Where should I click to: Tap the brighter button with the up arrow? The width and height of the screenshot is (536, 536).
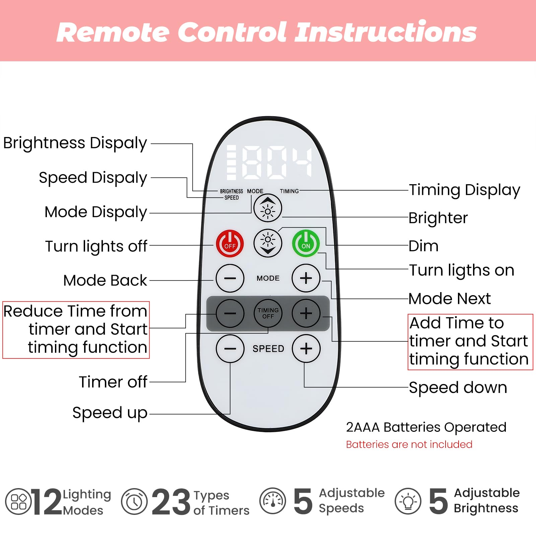(268, 208)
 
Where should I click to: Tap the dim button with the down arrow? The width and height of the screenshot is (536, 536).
(268, 243)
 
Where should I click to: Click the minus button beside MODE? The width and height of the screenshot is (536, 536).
(230, 278)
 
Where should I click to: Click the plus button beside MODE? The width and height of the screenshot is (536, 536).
(306, 278)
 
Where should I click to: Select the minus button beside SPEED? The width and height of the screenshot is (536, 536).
(230, 348)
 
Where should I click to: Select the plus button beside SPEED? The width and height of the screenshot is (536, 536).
(306, 348)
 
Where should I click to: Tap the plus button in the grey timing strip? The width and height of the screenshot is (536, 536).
(306, 313)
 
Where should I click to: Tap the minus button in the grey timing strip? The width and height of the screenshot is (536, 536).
(230, 313)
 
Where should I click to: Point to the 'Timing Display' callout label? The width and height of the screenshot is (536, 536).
(464, 190)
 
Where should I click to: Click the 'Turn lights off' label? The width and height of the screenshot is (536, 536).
(96, 246)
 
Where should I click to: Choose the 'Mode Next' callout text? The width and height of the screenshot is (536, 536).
(450, 298)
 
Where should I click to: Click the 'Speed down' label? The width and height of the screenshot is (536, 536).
(458, 388)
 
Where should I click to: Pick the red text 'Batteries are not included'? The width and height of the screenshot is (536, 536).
(409, 445)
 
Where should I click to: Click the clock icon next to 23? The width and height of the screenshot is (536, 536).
(134, 501)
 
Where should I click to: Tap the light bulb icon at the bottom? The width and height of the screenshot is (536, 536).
(408, 501)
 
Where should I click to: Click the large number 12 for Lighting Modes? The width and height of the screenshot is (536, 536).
(47, 501)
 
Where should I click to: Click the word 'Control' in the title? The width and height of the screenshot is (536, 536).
(232, 32)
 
